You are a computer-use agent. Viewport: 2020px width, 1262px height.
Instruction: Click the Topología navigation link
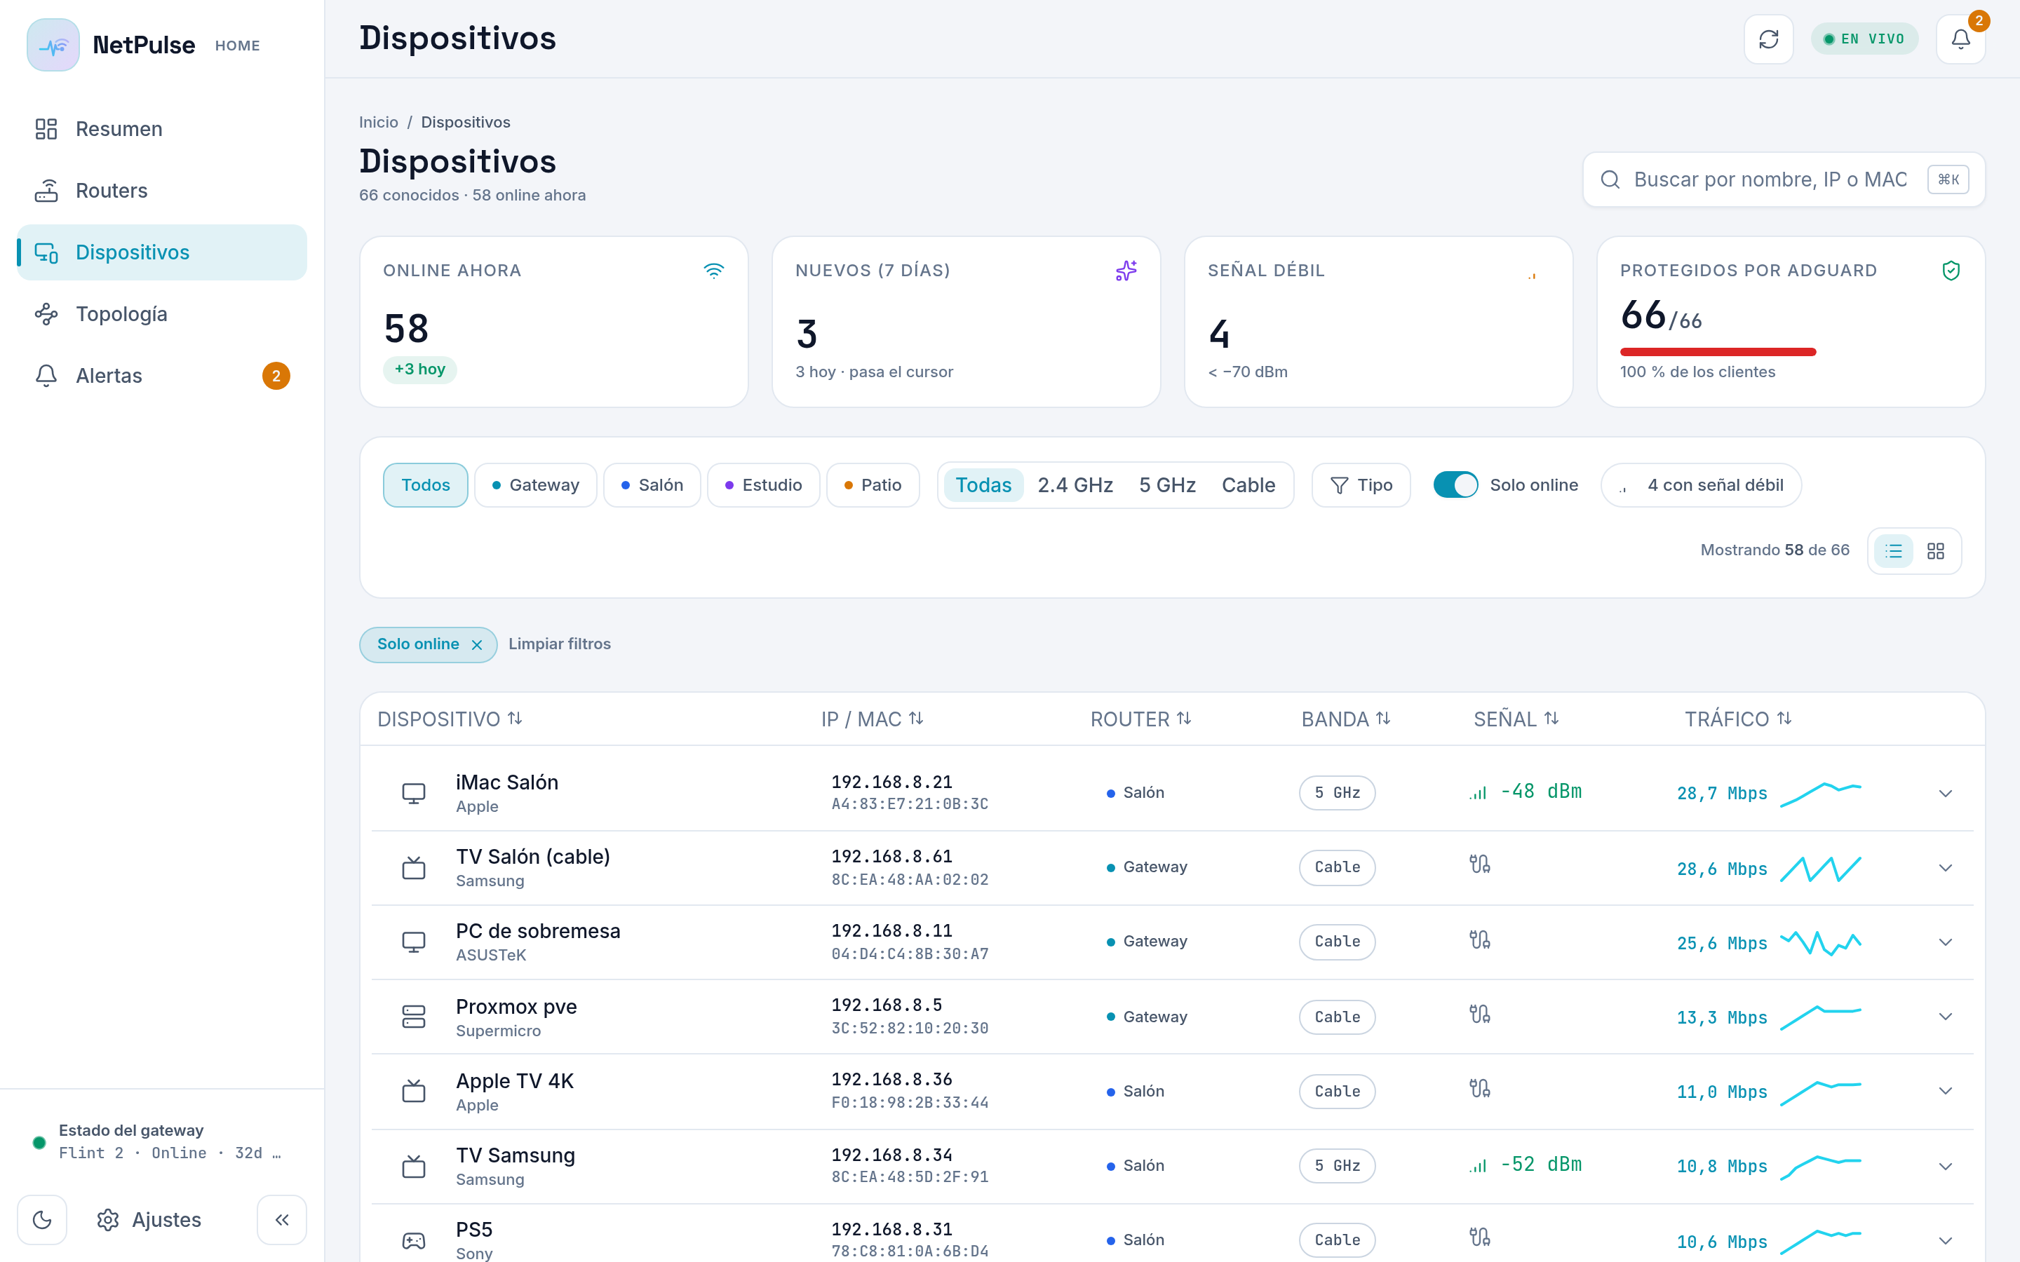[x=121, y=314]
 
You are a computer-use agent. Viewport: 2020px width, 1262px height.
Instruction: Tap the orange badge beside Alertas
[x=276, y=376]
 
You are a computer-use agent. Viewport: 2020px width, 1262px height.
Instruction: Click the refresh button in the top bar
[x=1768, y=39]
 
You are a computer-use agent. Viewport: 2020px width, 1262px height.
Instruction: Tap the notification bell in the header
[x=1960, y=39]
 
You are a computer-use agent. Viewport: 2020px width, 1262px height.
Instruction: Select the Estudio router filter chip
[x=763, y=485]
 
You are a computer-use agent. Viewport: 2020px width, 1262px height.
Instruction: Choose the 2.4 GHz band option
[x=1075, y=485]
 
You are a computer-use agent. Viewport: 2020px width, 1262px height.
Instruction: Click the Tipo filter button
[x=1361, y=485]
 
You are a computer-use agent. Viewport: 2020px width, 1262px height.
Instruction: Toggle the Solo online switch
[x=1455, y=485]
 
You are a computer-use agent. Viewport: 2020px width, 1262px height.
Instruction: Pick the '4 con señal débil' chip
[x=1700, y=485]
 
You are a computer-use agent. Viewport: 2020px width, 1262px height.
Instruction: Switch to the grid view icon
[x=1935, y=551]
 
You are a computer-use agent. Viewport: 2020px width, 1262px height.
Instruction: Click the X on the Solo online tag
[x=477, y=645]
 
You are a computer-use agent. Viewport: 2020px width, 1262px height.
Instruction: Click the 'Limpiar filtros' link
[x=559, y=644]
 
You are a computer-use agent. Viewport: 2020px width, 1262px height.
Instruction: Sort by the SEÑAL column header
[x=1516, y=719]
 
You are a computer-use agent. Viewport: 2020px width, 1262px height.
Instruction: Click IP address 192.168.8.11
[x=891, y=930]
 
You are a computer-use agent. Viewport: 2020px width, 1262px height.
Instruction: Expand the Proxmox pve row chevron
[x=1945, y=1017]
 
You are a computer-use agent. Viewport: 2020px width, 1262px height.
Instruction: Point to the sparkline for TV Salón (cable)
[x=1821, y=868]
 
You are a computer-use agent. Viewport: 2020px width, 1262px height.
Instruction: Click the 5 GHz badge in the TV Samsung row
[x=1336, y=1165]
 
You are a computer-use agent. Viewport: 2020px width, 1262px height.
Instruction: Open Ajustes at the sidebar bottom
[x=149, y=1219]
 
